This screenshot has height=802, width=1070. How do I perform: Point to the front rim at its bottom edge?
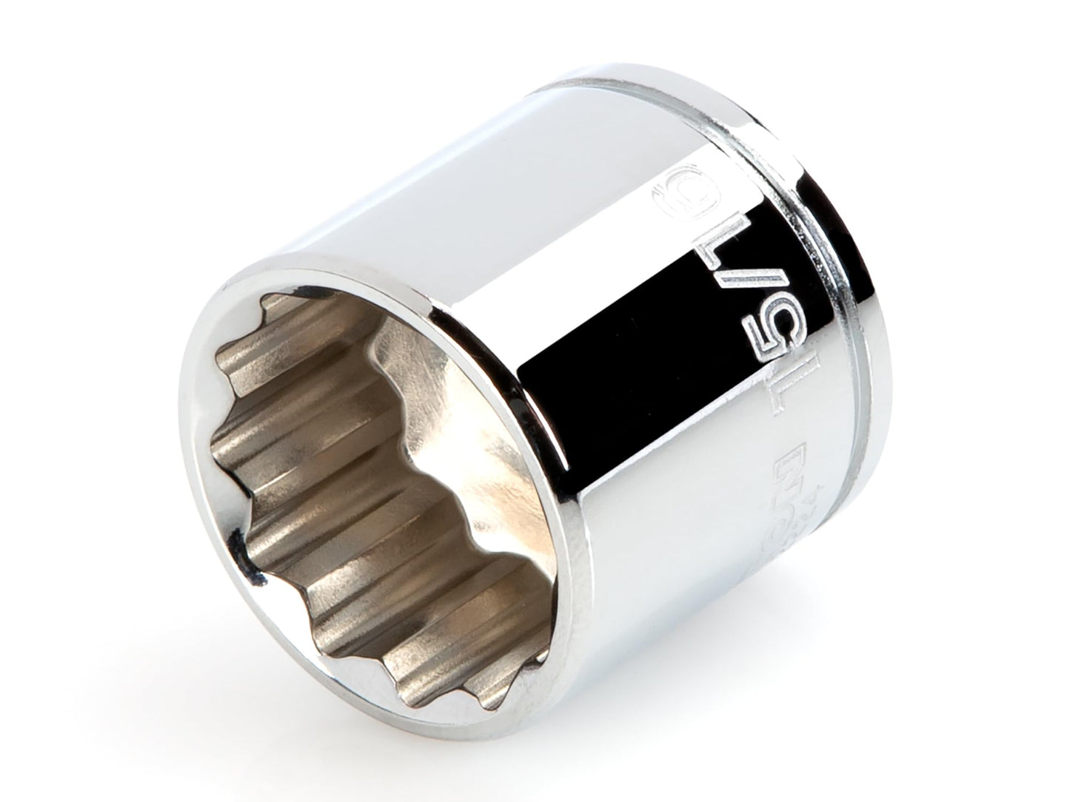click(x=474, y=688)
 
